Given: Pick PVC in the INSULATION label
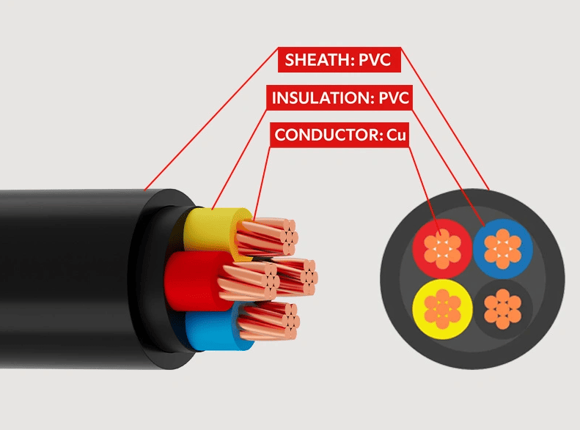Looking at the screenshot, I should [393, 98].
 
